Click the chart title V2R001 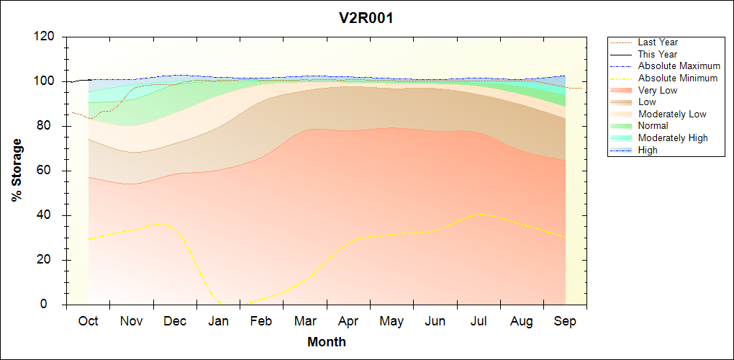tap(366, 18)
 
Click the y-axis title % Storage tap(17, 174)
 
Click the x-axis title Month tap(327, 342)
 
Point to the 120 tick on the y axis tap(45, 37)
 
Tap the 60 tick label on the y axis tap(48, 171)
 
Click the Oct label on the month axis tap(88, 321)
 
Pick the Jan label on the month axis tap(218, 321)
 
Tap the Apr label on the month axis tap(348, 321)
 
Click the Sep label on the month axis tap(565, 321)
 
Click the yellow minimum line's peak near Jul tap(481, 215)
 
